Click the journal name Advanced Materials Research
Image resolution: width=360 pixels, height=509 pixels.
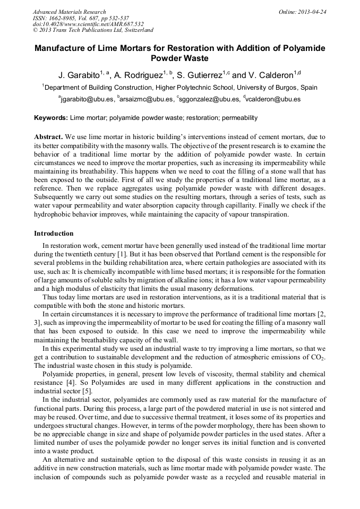[69, 12]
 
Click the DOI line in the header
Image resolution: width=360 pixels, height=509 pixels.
[88, 24]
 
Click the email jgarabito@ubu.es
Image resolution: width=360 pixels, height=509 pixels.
[87, 99]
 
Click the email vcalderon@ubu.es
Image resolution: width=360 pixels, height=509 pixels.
[273, 99]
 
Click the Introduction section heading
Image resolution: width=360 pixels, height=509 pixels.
[54, 234]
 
